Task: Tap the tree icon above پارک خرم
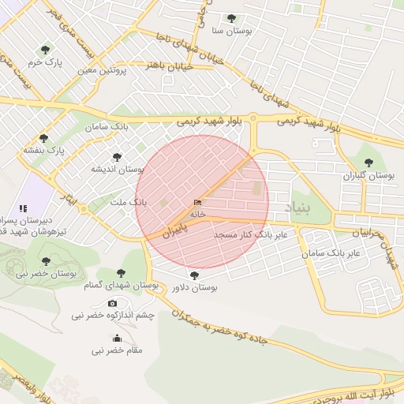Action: click(x=44, y=49)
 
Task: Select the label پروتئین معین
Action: click(x=103, y=70)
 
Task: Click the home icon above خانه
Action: click(x=197, y=203)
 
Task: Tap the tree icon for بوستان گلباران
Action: click(x=368, y=163)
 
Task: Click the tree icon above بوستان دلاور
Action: click(x=195, y=275)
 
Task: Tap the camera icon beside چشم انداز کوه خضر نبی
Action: click(x=112, y=304)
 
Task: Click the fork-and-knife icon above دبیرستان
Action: click(x=33, y=207)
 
